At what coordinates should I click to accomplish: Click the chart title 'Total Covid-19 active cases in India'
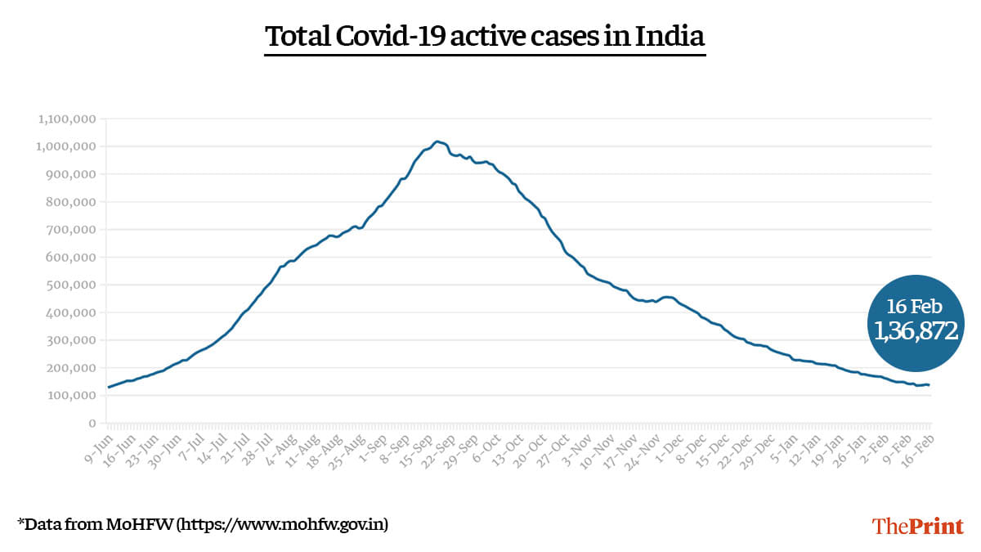pos(485,37)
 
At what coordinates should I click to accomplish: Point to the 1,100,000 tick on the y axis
pos(67,119)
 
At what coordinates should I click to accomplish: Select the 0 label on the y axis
pos(92,424)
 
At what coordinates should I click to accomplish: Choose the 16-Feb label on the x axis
pos(921,447)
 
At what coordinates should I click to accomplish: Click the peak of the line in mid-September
pos(437,141)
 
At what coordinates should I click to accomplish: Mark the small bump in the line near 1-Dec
pos(668,297)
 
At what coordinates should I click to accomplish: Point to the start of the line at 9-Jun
pos(109,387)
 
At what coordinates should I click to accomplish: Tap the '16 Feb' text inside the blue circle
pos(915,307)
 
